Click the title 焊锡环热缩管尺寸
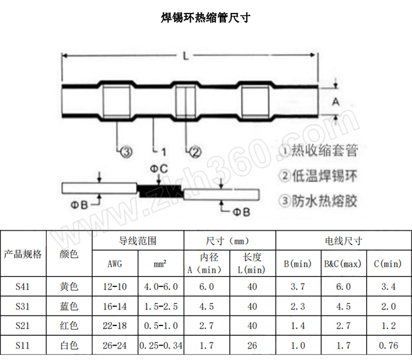205,18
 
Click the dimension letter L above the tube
185,56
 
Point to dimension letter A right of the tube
335,102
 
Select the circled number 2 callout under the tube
195,151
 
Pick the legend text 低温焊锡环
319,176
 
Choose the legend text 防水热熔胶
319,200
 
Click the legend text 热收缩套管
319,150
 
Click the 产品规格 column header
23,254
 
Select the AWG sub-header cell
115,264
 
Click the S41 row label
23,287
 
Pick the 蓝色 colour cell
70,307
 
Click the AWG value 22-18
115,326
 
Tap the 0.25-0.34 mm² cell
161,346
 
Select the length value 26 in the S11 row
252,346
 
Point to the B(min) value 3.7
298,287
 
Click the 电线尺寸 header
344,241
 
